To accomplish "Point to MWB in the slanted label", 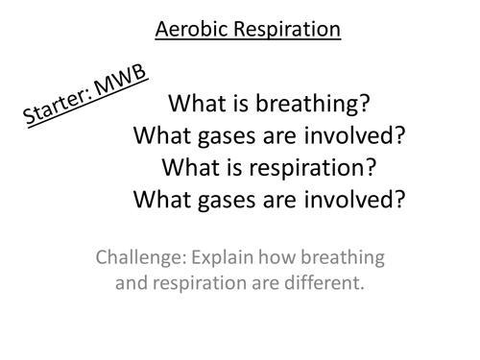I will [124, 71].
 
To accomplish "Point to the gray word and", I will [134, 283].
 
